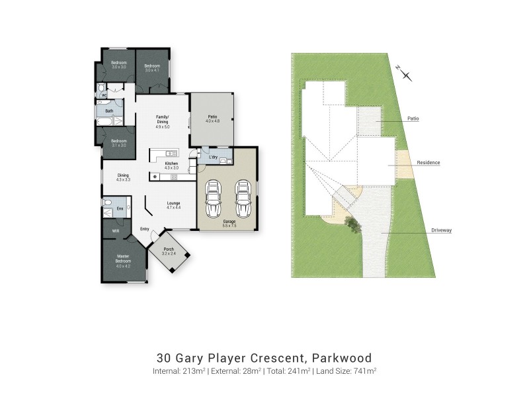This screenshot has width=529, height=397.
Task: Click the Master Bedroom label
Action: click(x=123, y=258)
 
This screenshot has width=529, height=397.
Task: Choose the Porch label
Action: click(x=169, y=251)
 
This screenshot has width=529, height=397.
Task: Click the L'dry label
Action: click(x=213, y=157)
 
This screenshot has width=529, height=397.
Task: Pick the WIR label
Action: click(x=115, y=231)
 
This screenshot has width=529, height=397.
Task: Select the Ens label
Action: click(x=120, y=209)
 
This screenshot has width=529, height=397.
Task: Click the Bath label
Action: click(x=108, y=110)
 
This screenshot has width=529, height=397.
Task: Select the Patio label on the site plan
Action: click(x=414, y=118)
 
